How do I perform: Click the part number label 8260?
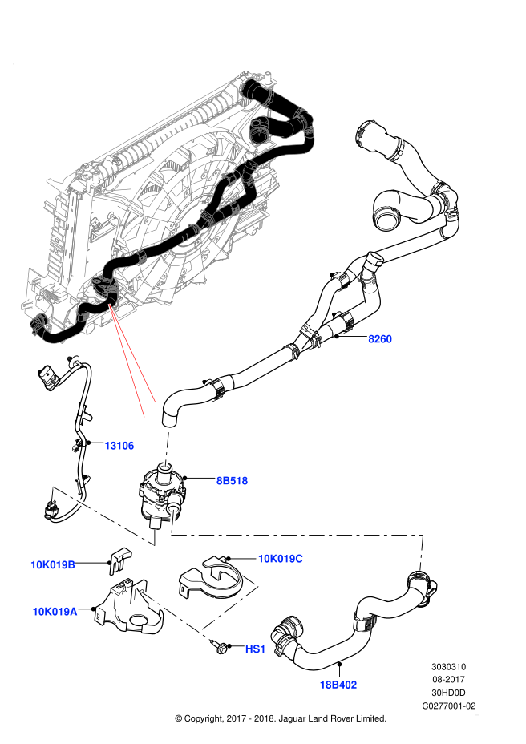380,339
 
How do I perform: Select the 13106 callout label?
119,446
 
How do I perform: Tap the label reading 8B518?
233,481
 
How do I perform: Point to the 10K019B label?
53,564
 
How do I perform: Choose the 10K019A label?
55,612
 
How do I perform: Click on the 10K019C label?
280,559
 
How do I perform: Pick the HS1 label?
255,649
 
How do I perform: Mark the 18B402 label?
338,685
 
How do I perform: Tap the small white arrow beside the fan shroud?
230,196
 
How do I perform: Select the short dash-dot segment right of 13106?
167,449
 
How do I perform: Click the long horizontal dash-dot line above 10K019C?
297,534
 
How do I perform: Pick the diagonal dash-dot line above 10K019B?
102,516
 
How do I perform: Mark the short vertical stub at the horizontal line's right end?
421,552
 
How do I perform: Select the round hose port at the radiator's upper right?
257,133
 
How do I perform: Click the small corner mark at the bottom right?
477,714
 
